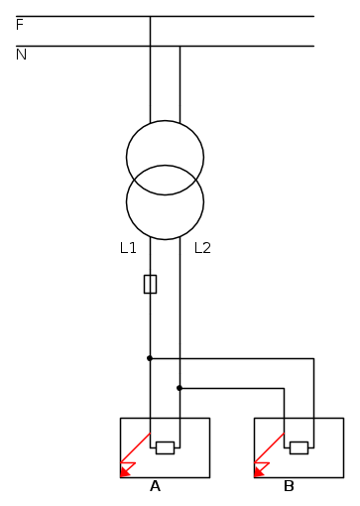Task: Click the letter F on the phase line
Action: tap(20, 25)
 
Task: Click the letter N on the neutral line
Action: tap(21, 55)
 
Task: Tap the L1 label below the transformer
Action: tap(128, 248)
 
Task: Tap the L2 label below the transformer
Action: tap(202, 248)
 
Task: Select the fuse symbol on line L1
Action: tap(150, 284)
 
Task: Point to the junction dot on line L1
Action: tap(150, 358)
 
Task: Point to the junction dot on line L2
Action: tap(180, 388)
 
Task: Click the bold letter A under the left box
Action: tap(155, 486)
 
